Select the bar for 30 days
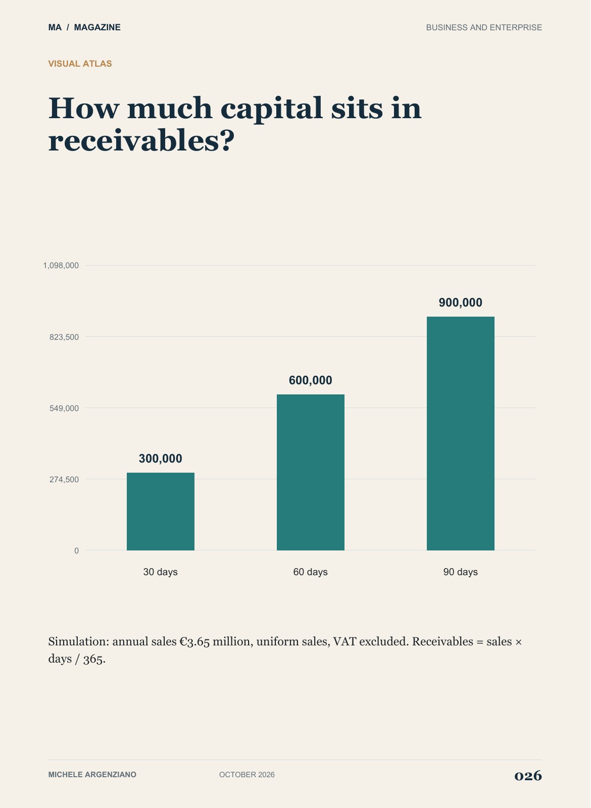pyautogui.click(x=161, y=512)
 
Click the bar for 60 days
pyautogui.click(x=311, y=472)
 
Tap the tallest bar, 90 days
pyautogui.click(x=461, y=434)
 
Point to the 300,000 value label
pyautogui.click(x=161, y=459)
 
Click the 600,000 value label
pyautogui.click(x=311, y=380)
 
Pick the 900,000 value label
pyautogui.click(x=461, y=302)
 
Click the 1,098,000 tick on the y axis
pyautogui.click(x=61, y=266)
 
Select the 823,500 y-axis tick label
pyautogui.click(x=64, y=337)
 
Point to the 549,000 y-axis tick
pyautogui.click(x=64, y=408)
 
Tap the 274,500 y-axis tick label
pyautogui.click(x=64, y=479)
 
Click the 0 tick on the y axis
pyautogui.click(x=76, y=551)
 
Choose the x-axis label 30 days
pyautogui.click(x=161, y=572)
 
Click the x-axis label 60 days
pyautogui.click(x=311, y=572)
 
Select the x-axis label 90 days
pyautogui.click(x=461, y=572)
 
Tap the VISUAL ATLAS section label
pyautogui.click(x=80, y=64)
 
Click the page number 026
pyautogui.click(x=528, y=775)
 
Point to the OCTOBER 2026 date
pyautogui.click(x=247, y=775)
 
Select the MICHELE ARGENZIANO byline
pyautogui.click(x=92, y=775)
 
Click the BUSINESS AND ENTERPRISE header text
pyautogui.click(x=484, y=27)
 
